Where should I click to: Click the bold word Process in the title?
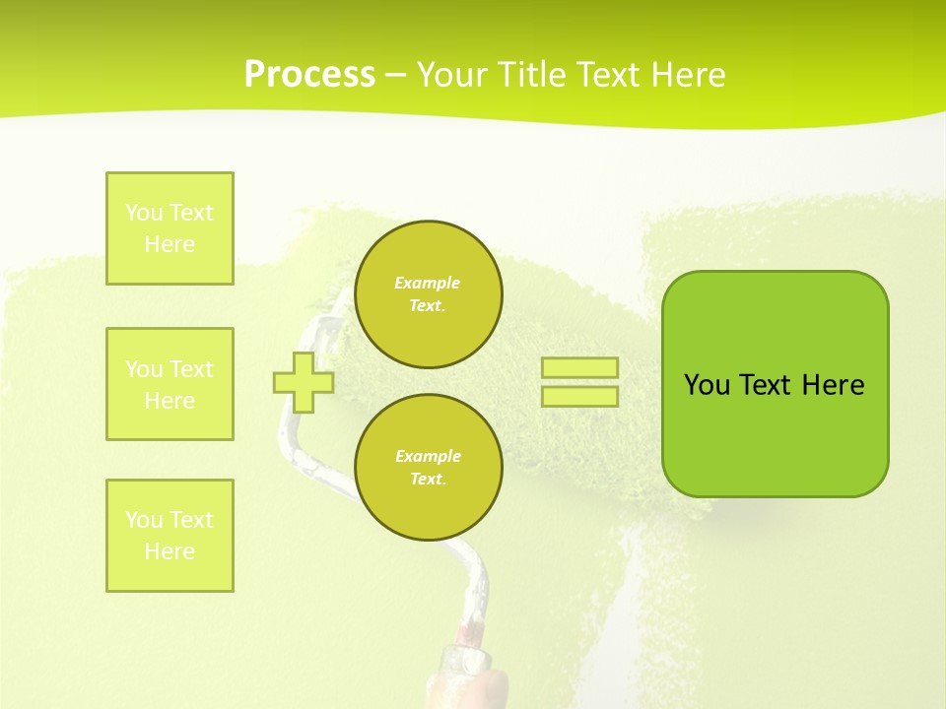coord(309,75)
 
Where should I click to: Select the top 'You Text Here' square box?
coord(169,228)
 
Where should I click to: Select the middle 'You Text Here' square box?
coord(169,384)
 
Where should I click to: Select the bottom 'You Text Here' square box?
coord(169,535)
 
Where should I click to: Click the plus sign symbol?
coord(304,382)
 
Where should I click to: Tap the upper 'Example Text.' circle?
coord(428,294)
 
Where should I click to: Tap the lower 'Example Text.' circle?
coord(428,468)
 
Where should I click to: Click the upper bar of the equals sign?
coord(579,368)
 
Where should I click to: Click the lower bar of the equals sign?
coord(579,396)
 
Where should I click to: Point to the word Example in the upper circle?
coord(428,284)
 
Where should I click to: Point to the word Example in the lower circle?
coord(428,457)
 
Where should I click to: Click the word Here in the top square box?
coord(169,244)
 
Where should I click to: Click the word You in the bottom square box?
coord(144,520)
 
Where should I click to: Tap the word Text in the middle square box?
coord(191,369)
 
